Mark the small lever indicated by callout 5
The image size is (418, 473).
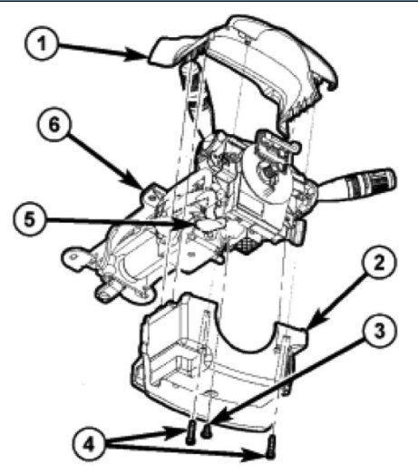(x=210, y=223)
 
